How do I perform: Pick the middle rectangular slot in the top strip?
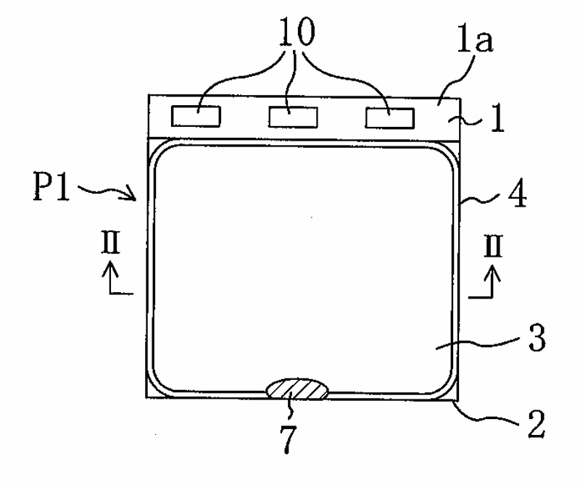point(292,116)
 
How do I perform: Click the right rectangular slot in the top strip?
point(389,117)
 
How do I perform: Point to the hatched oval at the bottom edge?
point(298,389)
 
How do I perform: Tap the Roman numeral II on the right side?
point(495,247)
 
